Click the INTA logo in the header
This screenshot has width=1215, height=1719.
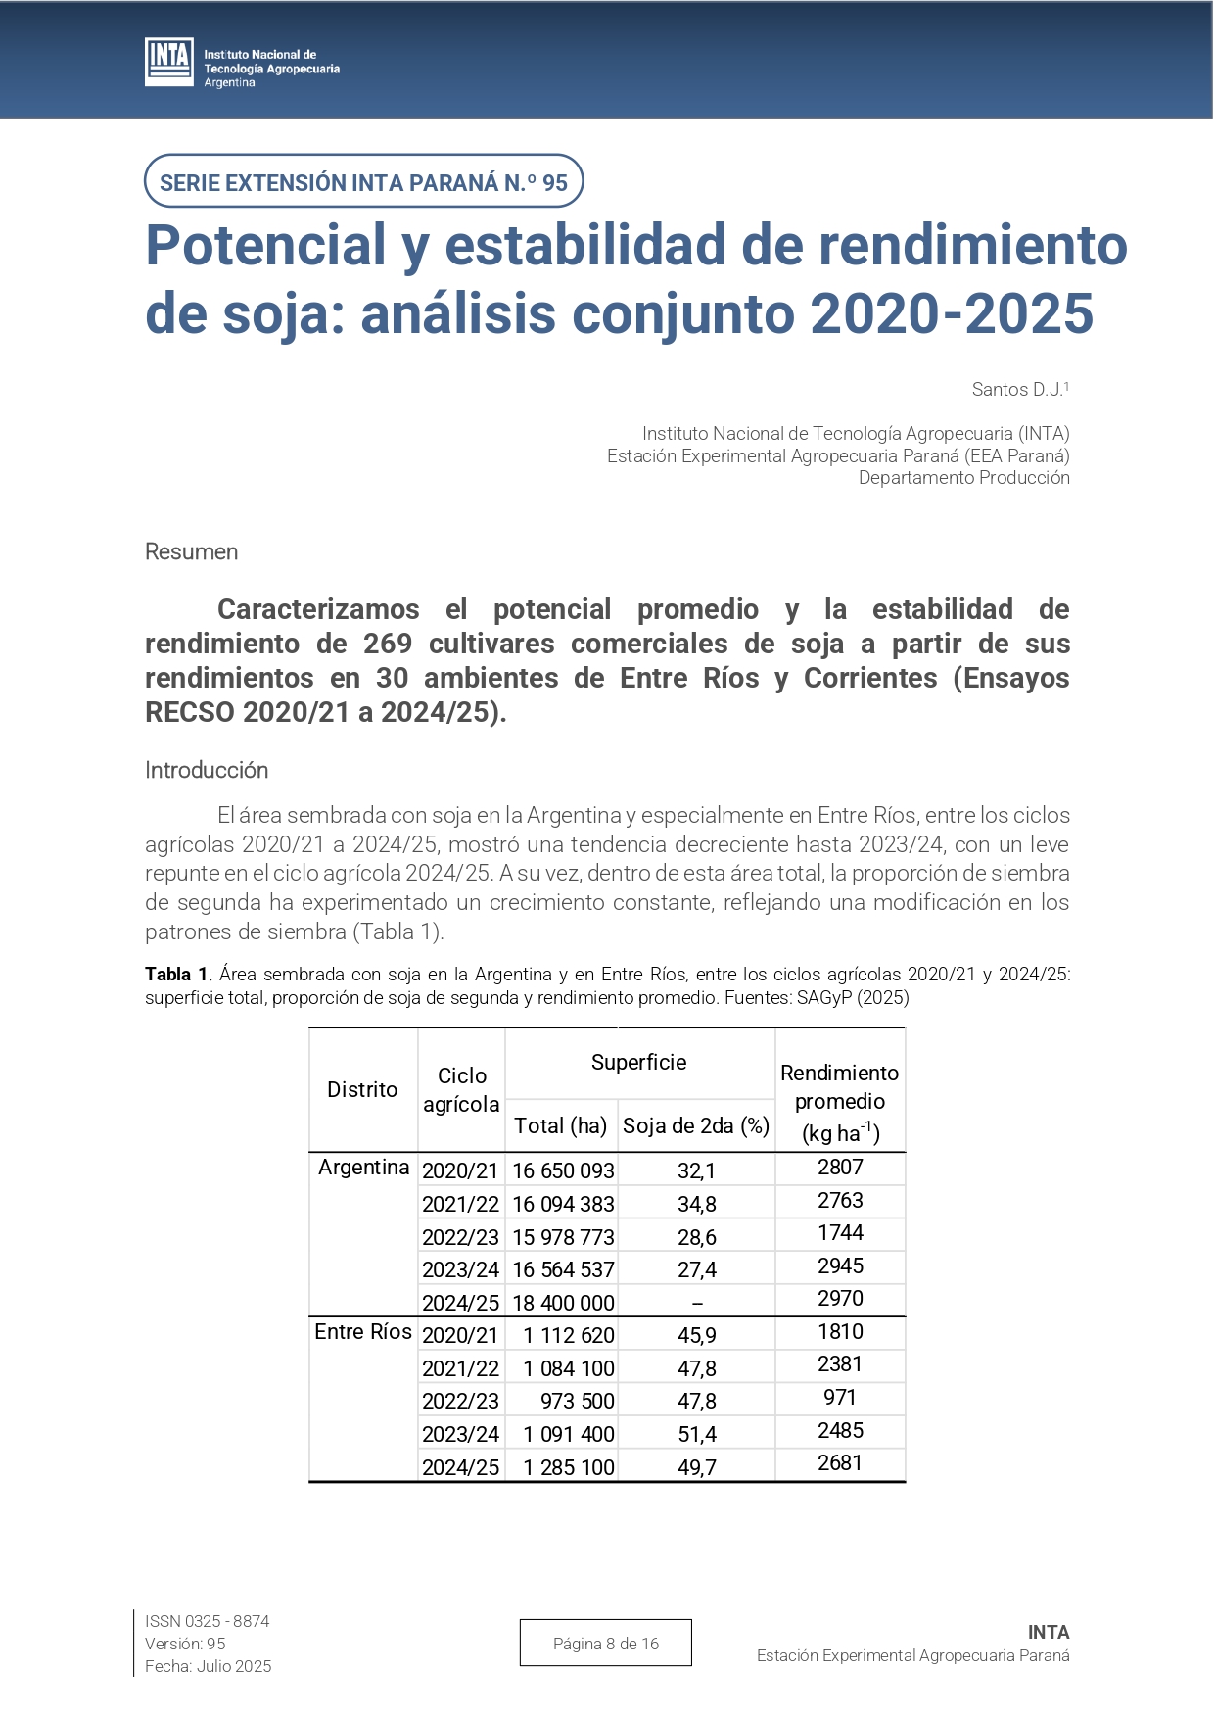(168, 62)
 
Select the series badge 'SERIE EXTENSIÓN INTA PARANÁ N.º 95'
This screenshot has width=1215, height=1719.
(363, 182)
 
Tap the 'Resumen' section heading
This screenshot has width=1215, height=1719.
(192, 552)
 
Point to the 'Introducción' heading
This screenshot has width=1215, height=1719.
(207, 771)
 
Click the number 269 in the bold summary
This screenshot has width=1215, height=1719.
(389, 645)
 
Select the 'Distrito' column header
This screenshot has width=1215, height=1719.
(362, 1090)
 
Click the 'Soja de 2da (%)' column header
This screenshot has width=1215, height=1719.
(696, 1126)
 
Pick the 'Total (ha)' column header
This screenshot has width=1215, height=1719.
(561, 1126)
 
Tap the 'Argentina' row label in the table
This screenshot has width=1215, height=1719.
(364, 1168)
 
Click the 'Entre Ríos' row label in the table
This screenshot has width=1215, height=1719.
(363, 1332)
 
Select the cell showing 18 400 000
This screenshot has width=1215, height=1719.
(563, 1304)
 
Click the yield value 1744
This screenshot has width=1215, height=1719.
(840, 1233)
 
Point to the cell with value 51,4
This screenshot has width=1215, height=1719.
(697, 1435)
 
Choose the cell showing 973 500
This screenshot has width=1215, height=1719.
(577, 1402)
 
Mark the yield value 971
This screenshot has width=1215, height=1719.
(840, 1398)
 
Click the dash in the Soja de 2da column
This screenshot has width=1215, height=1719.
(697, 1304)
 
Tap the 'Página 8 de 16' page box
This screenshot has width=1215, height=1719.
(606, 1644)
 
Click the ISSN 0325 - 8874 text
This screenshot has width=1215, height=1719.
(208, 1622)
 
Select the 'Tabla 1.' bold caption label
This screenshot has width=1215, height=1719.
(178, 975)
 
